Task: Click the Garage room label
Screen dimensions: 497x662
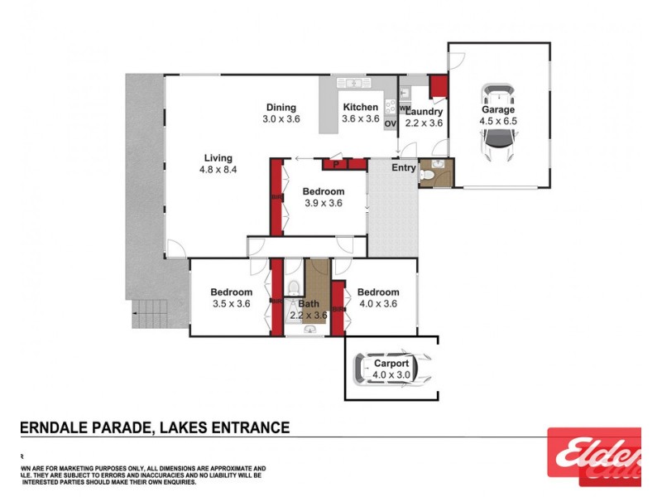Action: (x=498, y=109)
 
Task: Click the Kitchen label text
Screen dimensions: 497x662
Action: (x=361, y=108)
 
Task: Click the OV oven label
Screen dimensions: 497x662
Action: (x=390, y=123)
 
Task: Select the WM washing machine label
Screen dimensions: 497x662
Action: (x=405, y=109)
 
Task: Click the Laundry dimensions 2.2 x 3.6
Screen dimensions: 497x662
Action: (x=424, y=123)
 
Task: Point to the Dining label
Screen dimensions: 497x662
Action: (x=281, y=108)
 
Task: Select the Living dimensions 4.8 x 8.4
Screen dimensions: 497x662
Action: (x=218, y=170)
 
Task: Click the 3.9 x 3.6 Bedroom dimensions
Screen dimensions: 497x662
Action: (x=323, y=203)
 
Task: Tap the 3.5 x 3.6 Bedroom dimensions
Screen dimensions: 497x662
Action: (x=231, y=304)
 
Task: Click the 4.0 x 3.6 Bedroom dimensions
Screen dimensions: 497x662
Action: (x=378, y=304)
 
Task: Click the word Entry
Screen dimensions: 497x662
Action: (x=404, y=168)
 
